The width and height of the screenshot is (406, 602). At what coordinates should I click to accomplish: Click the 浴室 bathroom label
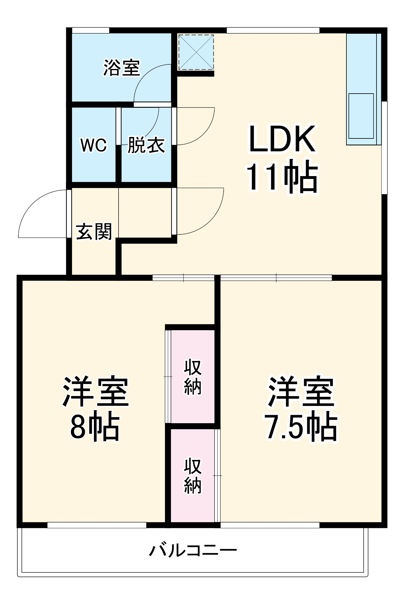(122, 68)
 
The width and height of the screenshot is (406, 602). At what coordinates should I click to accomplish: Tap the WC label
(94, 145)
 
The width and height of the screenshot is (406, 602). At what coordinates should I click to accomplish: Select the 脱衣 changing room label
(146, 145)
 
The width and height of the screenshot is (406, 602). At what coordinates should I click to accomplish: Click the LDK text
(282, 139)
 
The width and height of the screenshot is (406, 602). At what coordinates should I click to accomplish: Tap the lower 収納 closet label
(193, 476)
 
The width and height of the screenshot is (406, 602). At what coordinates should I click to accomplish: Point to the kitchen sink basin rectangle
(361, 116)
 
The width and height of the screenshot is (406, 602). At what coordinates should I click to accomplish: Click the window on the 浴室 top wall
(90, 30)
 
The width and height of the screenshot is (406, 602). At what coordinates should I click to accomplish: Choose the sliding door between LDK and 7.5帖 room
(276, 278)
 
